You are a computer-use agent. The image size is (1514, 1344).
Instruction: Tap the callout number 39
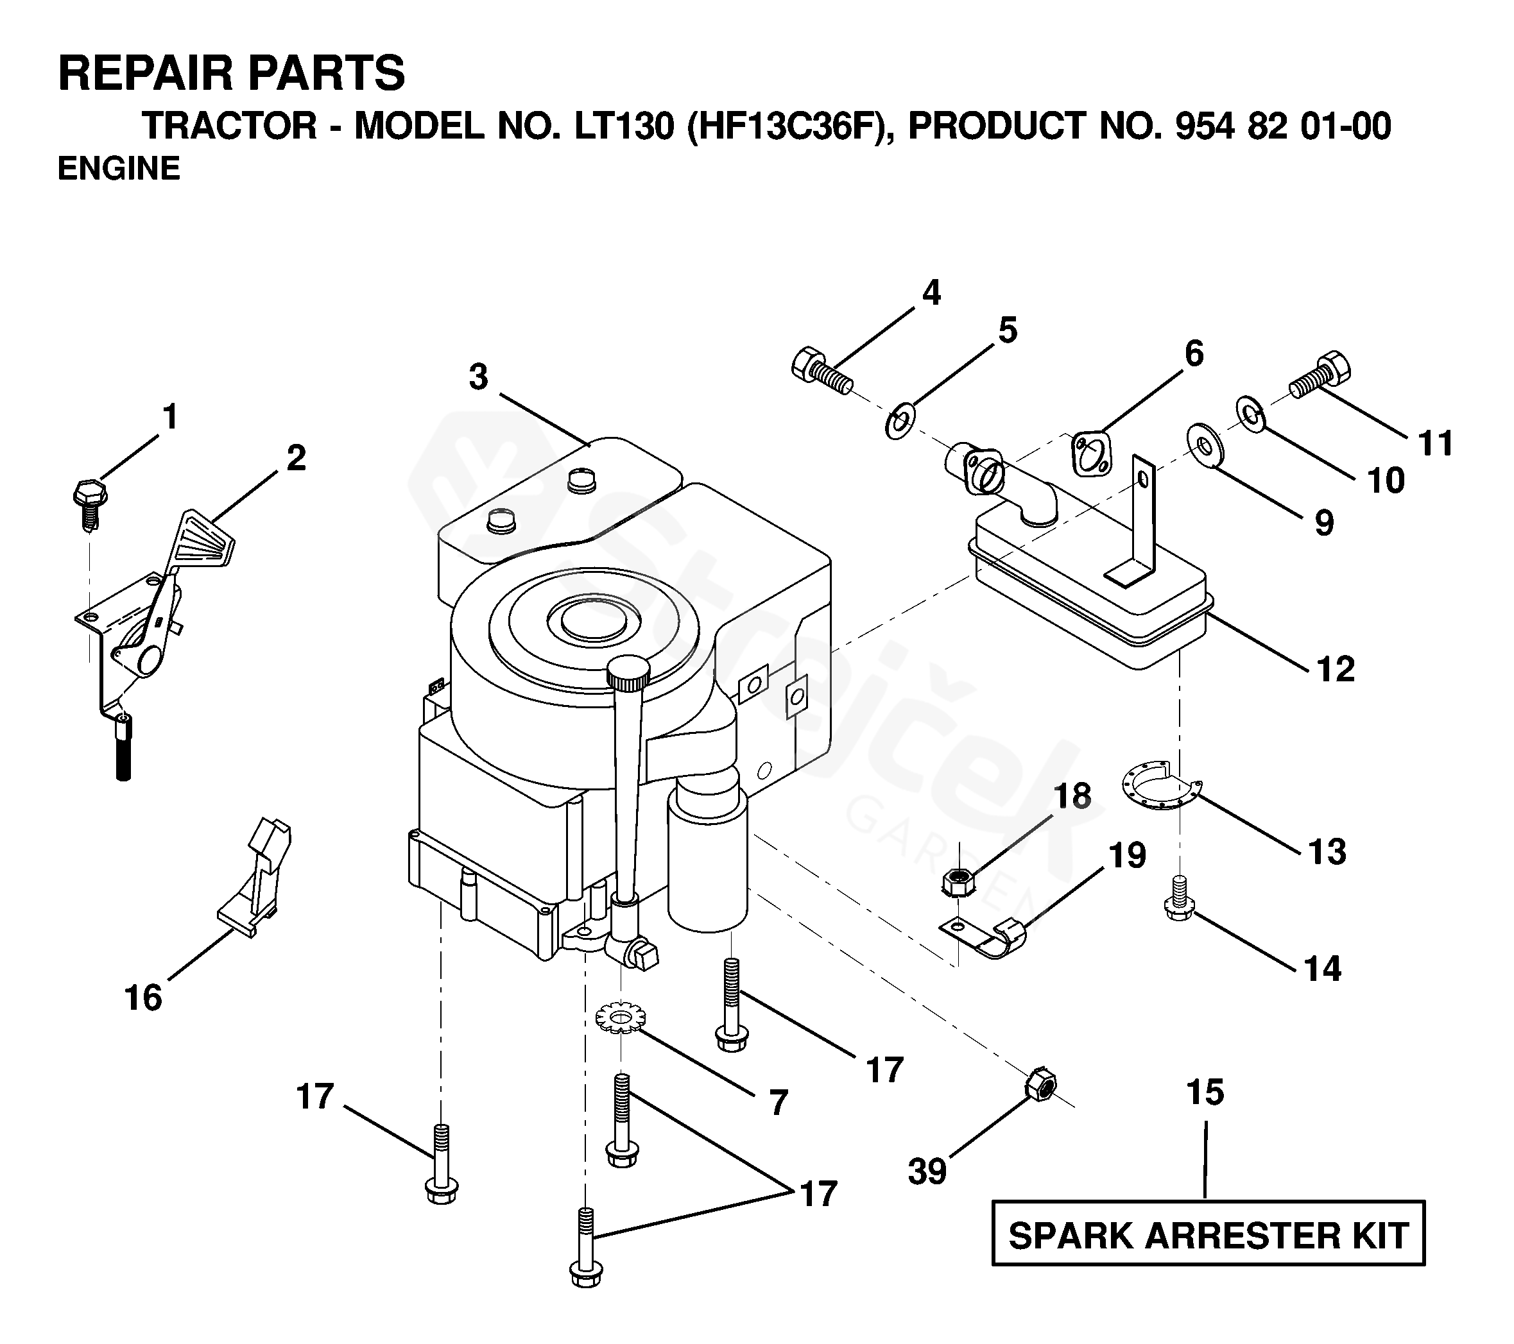click(x=927, y=1171)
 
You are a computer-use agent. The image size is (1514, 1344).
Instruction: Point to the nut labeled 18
click(x=957, y=882)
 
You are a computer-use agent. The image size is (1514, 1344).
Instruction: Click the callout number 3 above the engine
click(x=479, y=377)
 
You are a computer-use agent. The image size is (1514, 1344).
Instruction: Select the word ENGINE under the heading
click(x=119, y=168)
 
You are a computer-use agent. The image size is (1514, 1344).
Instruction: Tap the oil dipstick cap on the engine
click(x=628, y=670)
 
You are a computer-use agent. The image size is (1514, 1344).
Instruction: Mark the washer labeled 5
click(x=900, y=423)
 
